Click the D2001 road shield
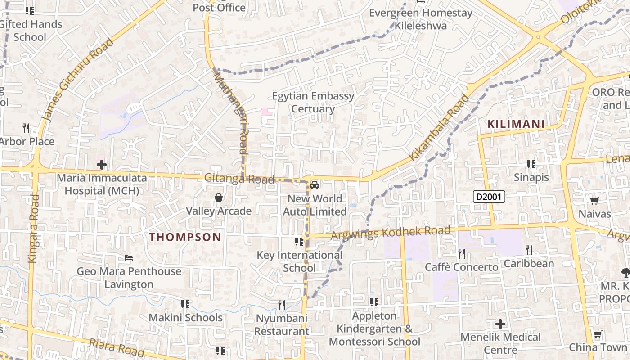(x=489, y=197)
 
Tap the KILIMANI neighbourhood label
(x=516, y=124)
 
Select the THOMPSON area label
(x=185, y=237)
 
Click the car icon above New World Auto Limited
(x=315, y=185)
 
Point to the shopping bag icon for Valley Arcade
(x=219, y=198)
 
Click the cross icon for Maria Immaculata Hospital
(x=102, y=165)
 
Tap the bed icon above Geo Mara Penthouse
(x=129, y=258)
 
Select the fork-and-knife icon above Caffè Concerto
(x=462, y=254)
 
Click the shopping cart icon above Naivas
(x=594, y=201)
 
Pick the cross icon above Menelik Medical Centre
(x=500, y=324)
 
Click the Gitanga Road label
(x=239, y=179)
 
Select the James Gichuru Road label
(x=77, y=80)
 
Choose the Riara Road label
(x=116, y=348)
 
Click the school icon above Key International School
(x=299, y=242)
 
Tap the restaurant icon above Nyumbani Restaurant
(x=282, y=305)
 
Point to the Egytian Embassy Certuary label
(x=313, y=103)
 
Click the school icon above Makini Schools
(x=185, y=304)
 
